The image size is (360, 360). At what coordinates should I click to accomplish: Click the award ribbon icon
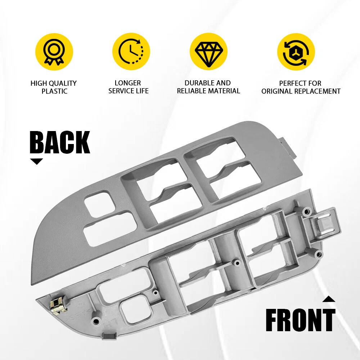tap(54, 51)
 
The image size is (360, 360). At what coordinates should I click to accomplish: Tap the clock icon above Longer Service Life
tap(131, 51)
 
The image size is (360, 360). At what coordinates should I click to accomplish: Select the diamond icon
tap(208, 54)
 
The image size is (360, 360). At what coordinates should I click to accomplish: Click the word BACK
tap(60, 142)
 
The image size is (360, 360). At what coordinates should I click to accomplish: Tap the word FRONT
tap(300, 320)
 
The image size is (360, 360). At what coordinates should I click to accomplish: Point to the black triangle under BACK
tap(36, 161)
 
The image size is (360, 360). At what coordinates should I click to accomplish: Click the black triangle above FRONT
tap(329, 299)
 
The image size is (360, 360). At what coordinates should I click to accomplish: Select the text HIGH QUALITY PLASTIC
tap(54, 87)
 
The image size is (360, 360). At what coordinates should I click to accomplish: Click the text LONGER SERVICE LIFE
tap(129, 87)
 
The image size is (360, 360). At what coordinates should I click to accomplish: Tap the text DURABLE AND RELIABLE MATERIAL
tap(208, 87)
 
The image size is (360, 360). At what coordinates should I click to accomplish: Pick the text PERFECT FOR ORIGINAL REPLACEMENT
tap(301, 87)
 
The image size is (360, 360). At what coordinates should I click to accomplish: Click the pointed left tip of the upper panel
tap(31, 284)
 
